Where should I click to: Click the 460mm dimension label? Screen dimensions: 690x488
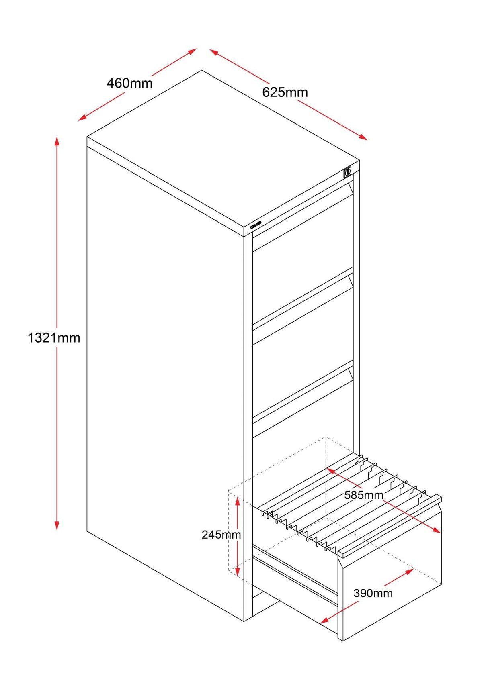129,84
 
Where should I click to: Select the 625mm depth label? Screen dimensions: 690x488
285,92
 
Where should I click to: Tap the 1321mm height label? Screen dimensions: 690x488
54,338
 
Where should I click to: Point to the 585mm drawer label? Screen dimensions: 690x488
364,495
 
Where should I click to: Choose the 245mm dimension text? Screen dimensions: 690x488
221,535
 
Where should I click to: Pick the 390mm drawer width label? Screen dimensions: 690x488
373,593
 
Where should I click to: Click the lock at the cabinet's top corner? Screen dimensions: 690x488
347,172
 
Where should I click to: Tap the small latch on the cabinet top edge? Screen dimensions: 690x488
256,225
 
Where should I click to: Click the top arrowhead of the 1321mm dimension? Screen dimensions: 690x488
57,140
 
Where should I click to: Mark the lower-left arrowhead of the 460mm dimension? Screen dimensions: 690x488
82,118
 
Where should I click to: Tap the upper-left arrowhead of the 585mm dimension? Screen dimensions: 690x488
330,470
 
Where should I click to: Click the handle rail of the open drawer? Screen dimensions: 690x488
390,527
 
